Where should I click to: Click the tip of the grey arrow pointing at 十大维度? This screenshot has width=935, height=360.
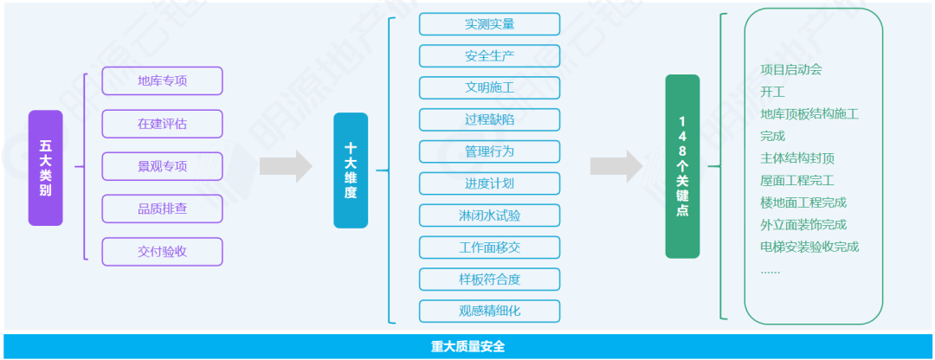(313, 166)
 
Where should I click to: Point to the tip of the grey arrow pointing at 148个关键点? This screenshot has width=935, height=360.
(643, 166)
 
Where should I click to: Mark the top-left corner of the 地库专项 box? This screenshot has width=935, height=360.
(102, 67)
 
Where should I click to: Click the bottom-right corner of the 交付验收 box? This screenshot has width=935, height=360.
(222, 266)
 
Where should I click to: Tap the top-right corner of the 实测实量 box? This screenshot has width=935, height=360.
(560, 13)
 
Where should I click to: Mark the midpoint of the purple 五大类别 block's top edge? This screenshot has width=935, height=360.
(45, 110)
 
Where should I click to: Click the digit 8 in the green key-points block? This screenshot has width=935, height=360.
(682, 150)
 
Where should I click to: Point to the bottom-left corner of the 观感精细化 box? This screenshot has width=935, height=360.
(419, 323)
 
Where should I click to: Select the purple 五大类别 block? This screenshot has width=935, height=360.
(45, 168)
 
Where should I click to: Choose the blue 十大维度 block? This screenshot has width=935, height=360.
(351, 170)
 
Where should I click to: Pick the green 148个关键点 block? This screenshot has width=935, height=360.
(682, 166)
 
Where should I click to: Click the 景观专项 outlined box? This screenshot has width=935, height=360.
(162, 166)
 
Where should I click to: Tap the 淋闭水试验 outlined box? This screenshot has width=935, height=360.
(489, 215)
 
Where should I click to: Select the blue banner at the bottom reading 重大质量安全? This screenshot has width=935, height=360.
(467, 346)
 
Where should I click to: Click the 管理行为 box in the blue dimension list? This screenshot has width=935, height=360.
(489, 151)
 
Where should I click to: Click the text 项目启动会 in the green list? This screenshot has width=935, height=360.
(791, 70)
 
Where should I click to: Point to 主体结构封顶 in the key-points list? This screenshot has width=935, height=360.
(797, 158)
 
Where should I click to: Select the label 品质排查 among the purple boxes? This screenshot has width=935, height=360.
(162, 209)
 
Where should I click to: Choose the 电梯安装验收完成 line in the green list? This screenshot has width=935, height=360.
(809, 247)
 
